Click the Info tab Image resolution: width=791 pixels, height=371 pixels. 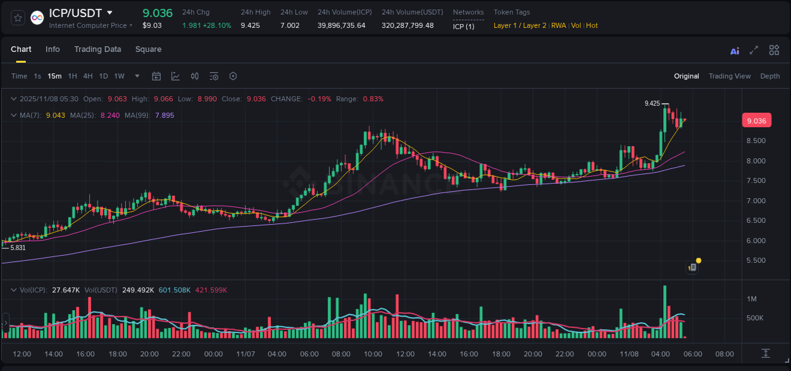(x=53, y=49)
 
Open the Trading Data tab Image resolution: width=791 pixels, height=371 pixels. (x=97, y=49)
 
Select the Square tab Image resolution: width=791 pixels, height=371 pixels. (x=148, y=49)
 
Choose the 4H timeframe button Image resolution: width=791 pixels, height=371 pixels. (x=88, y=76)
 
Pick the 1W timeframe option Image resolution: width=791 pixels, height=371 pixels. (x=119, y=76)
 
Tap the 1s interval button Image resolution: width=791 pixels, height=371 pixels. (x=37, y=76)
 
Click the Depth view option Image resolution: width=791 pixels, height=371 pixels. (x=769, y=76)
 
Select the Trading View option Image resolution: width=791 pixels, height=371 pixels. (x=729, y=76)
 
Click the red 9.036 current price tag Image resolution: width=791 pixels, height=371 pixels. (x=756, y=121)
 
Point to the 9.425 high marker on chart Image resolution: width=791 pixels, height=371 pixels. (x=652, y=103)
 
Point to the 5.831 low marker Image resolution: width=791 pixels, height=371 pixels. (x=18, y=248)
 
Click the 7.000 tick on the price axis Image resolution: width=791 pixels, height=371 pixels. (x=756, y=201)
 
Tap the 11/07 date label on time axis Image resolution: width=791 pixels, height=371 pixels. (x=245, y=354)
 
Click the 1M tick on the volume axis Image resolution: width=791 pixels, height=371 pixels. (x=752, y=299)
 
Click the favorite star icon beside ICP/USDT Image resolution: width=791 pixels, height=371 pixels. (x=18, y=18)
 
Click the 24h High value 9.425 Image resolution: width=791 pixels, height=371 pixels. (x=250, y=25)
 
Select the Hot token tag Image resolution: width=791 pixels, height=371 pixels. (x=592, y=25)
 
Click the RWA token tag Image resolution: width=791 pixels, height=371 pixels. (x=558, y=25)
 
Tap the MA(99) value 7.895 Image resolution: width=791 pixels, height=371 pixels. (x=165, y=115)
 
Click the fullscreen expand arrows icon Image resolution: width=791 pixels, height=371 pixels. (x=754, y=51)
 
